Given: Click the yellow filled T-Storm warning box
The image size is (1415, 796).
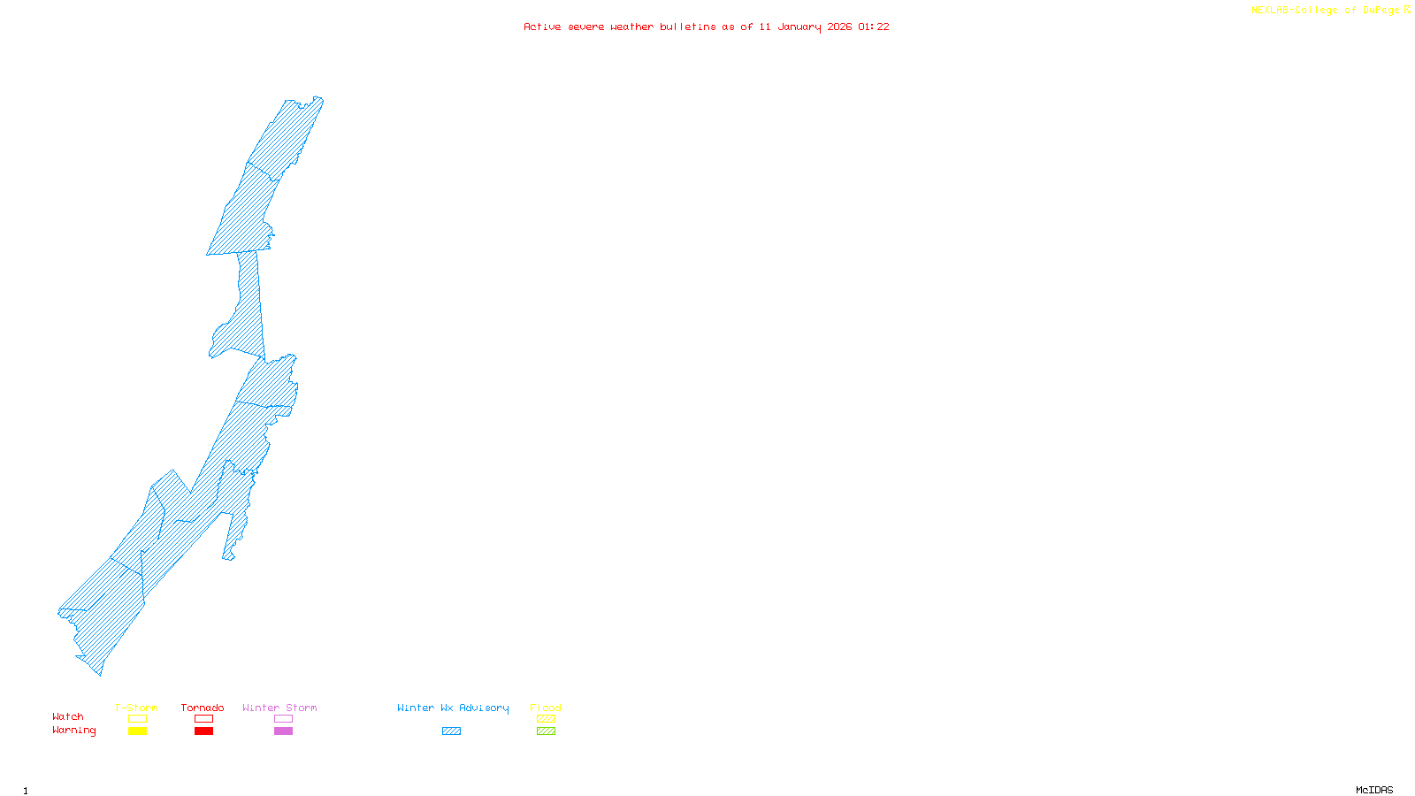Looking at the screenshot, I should tap(137, 731).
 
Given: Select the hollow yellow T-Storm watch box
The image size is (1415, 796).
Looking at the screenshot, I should tap(137, 719).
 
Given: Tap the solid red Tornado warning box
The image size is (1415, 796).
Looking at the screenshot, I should tap(203, 731).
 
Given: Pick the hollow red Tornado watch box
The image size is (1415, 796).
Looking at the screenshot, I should tap(203, 719).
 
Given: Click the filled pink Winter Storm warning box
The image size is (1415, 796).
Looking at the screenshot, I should tap(283, 731).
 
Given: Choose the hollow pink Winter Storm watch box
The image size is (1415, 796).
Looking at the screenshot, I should tap(283, 719).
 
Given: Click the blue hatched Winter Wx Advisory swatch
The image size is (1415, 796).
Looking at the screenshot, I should tap(451, 731).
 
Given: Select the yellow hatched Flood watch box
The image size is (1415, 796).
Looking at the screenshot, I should tap(546, 719).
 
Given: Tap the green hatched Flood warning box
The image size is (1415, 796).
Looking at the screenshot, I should tap(546, 731).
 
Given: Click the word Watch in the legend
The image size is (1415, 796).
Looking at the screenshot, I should tap(68, 717).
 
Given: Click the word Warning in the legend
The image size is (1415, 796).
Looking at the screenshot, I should tap(74, 731).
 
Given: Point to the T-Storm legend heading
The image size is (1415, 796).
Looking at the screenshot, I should tap(136, 708).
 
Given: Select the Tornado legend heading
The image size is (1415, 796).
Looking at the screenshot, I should tap(203, 708).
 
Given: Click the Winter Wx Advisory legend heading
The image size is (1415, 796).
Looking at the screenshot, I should tap(453, 708).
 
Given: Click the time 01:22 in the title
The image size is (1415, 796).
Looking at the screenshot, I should tap(874, 27).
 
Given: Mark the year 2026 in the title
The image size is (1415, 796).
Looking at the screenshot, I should tap(840, 27).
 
